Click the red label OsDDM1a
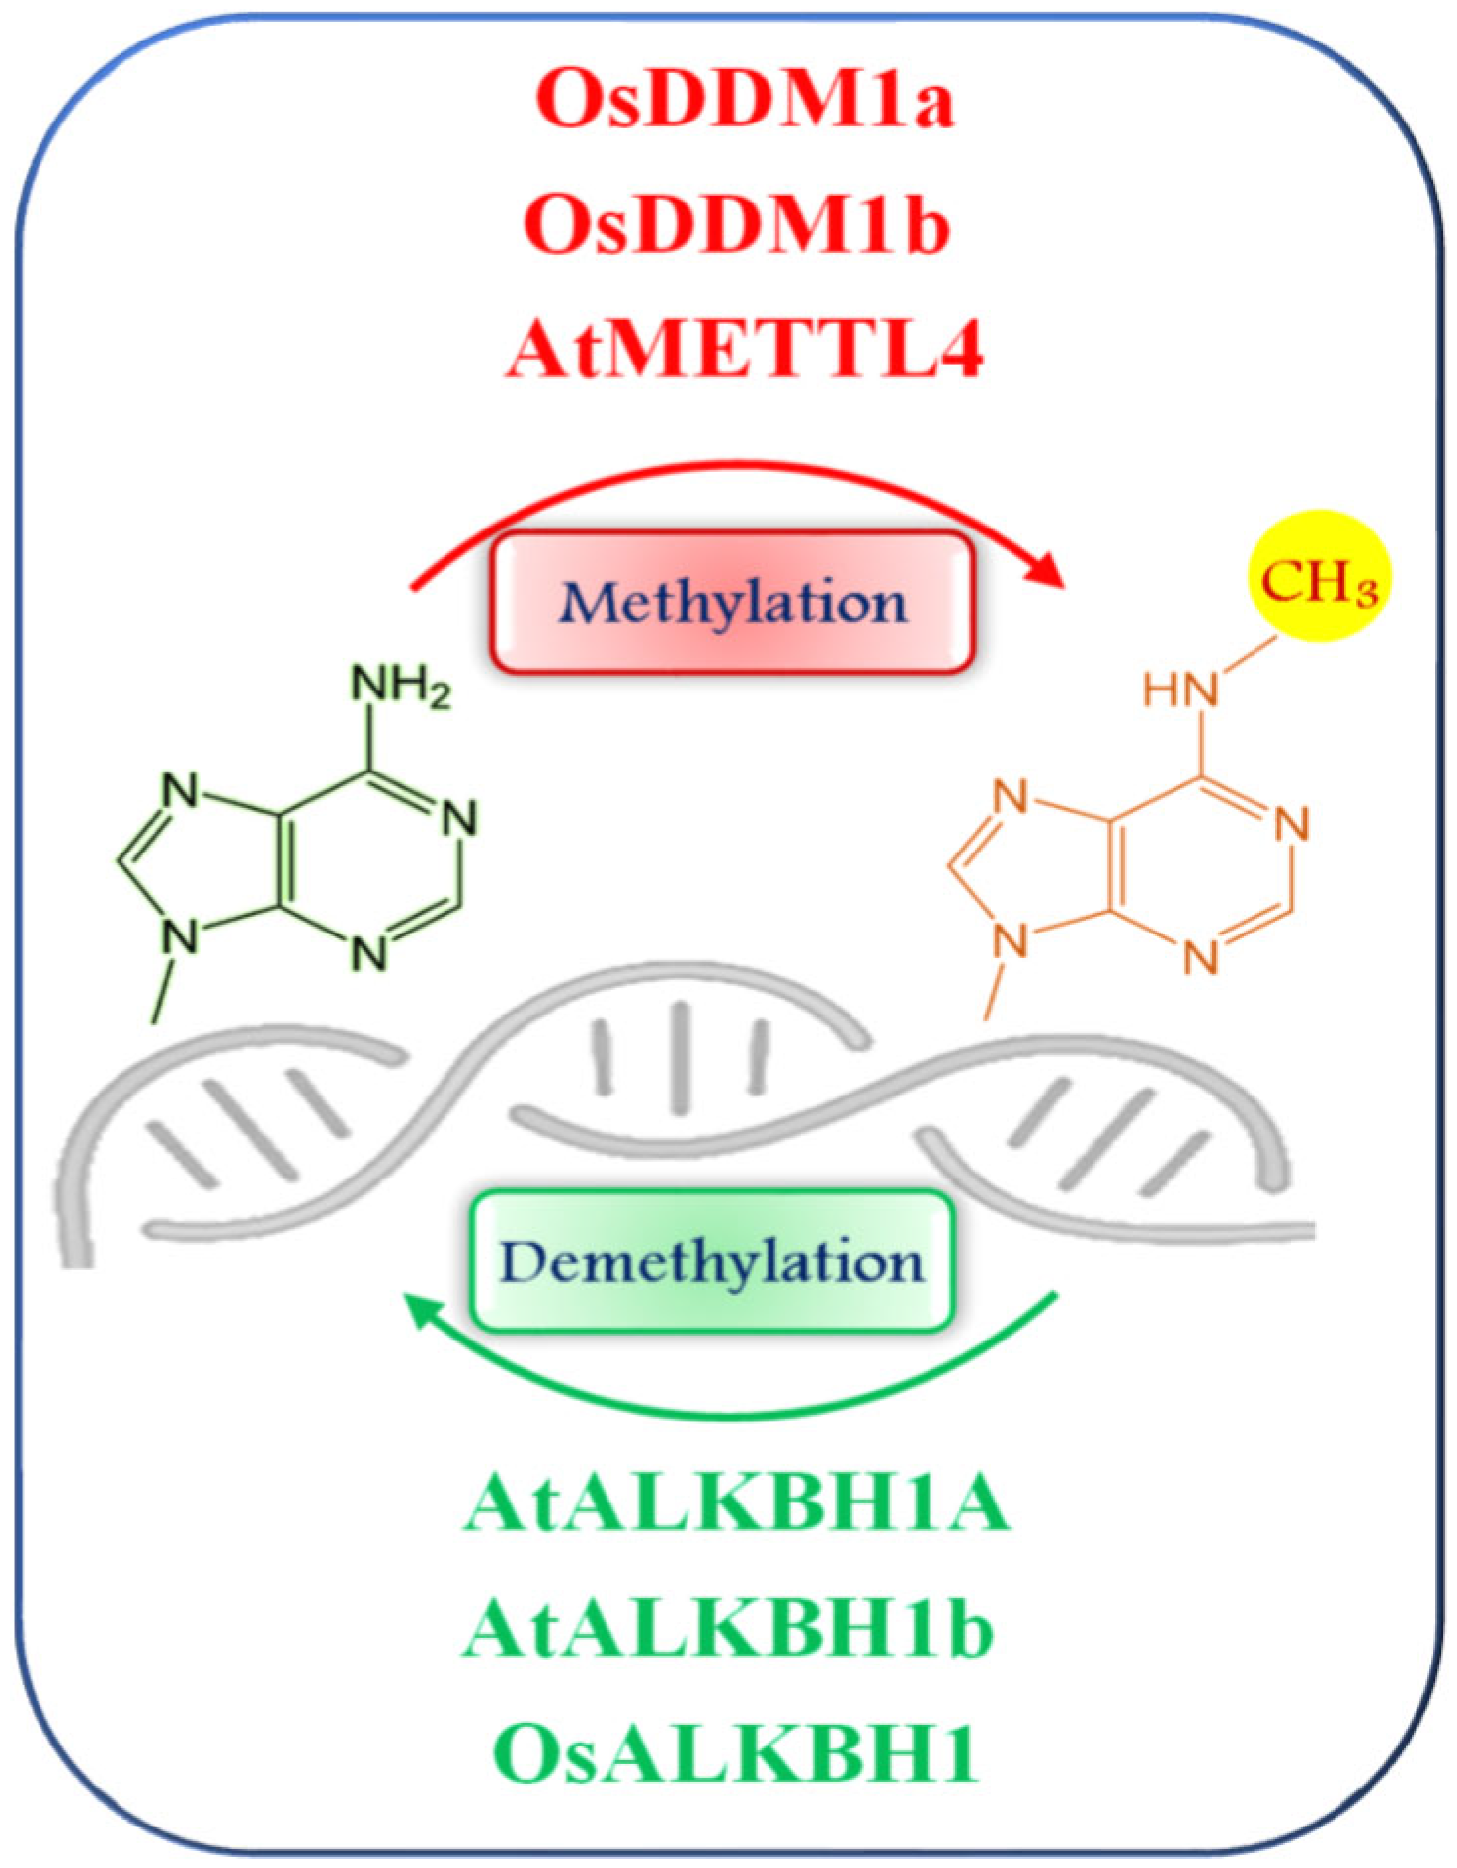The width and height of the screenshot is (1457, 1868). (x=745, y=99)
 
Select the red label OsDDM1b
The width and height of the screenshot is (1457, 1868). (x=737, y=223)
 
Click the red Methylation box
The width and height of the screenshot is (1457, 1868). (x=733, y=603)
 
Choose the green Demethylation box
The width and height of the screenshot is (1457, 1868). (x=712, y=1262)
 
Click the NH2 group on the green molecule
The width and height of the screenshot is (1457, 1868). (x=400, y=685)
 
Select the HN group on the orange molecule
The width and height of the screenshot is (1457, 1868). (x=1180, y=689)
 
